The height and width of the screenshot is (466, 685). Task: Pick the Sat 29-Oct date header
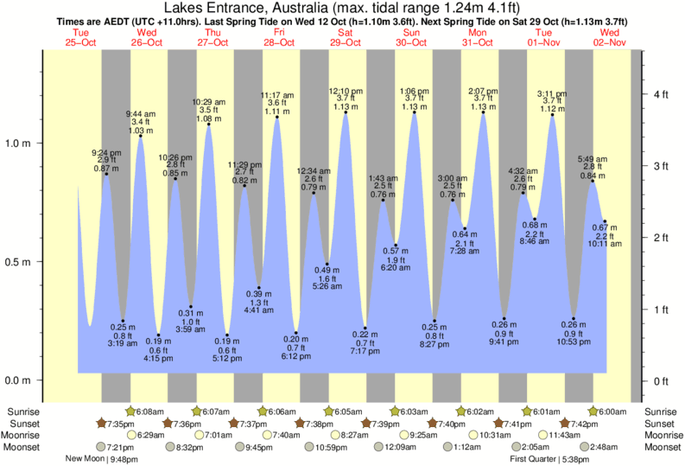click(346, 37)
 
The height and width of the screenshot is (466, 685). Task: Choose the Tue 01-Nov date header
click(546, 37)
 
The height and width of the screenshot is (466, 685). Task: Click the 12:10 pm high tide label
click(346, 91)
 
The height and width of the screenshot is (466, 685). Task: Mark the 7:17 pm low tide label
click(365, 352)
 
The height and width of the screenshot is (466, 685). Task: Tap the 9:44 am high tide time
click(141, 113)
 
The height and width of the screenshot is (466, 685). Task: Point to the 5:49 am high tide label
click(593, 158)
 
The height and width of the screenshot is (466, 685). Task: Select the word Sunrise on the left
click(22, 412)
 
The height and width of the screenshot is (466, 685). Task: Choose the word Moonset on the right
click(662, 447)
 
